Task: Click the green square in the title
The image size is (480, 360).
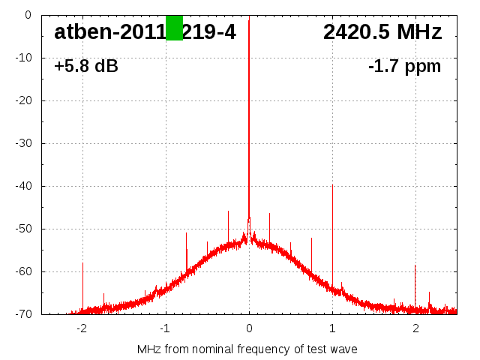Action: click(x=174, y=28)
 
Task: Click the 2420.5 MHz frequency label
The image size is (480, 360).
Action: click(x=382, y=32)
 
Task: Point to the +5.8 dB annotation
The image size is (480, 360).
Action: click(x=86, y=67)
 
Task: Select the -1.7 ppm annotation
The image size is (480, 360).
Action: click(x=404, y=67)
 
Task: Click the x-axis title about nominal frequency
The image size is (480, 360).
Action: click(x=247, y=349)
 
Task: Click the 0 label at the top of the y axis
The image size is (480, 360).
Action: click(x=28, y=15)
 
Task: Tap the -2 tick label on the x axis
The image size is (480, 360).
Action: click(x=81, y=328)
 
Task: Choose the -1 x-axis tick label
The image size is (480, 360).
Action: click(x=164, y=328)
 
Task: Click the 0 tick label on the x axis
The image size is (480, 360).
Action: click(x=249, y=328)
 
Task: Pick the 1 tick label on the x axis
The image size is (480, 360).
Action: click(x=332, y=328)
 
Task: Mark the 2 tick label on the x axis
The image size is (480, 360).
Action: click(x=415, y=328)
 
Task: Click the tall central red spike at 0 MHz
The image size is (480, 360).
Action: click(x=249, y=112)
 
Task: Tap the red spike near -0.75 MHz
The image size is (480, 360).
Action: click(x=187, y=251)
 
